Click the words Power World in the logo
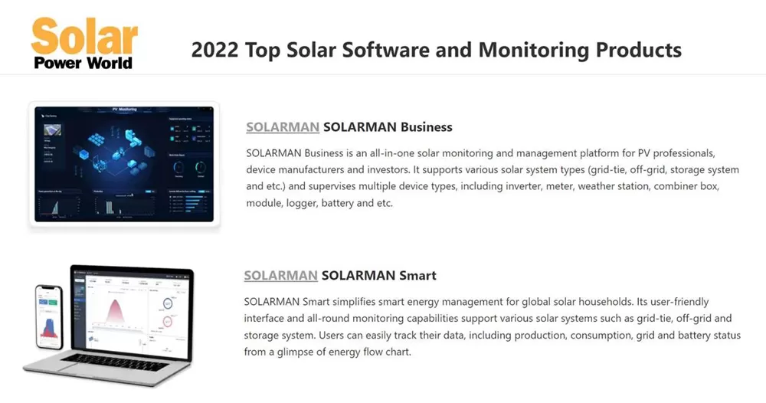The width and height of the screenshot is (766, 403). [x=83, y=63]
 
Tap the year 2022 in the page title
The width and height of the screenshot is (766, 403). [x=214, y=51]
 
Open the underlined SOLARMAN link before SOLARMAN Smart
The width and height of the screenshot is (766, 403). [x=280, y=275]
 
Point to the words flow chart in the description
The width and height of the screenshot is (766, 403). [x=389, y=352]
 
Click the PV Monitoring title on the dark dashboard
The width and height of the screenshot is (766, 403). [x=124, y=110]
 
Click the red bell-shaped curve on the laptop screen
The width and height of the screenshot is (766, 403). [x=116, y=313]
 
